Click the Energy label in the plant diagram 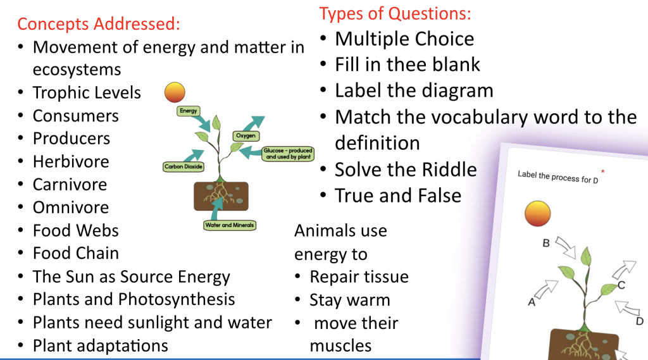coord(189,111)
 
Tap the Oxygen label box coord(246,136)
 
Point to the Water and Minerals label coord(230,225)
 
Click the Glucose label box coord(288,154)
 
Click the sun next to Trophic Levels coord(175,93)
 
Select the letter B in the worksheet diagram coord(546,242)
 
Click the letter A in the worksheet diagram coord(532,302)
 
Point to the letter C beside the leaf coord(621,285)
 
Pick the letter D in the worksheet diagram coord(639,321)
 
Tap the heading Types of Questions coord(395,13)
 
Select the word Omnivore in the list coord(71,208)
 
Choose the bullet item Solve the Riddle coord(406,170)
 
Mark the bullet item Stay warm coord(349,300)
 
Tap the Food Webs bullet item coord(75,230)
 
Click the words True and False coord(398,196)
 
